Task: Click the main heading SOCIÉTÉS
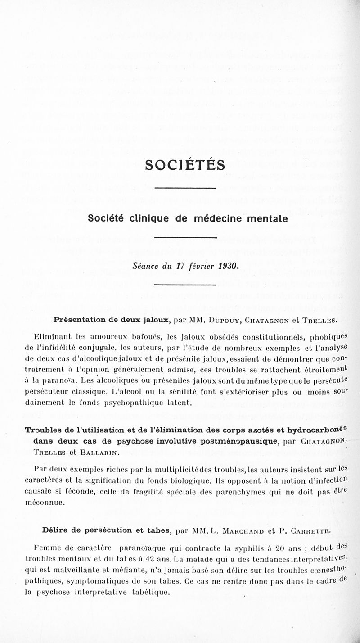pyautogui.click(x=185, y=165)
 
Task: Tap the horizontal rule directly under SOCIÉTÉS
pyautogui.click(x=185, y=188)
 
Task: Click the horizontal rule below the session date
pyautogui.click(x=185, y=284)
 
